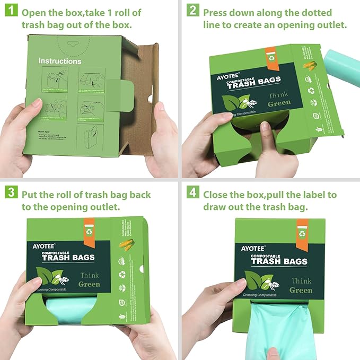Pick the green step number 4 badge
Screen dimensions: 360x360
click(192, 194)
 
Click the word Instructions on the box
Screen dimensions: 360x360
click(60, 62)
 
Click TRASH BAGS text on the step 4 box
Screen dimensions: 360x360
click(279, 261)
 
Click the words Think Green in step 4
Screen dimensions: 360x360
click(301, 285)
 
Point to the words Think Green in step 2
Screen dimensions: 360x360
click(279, 99)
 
